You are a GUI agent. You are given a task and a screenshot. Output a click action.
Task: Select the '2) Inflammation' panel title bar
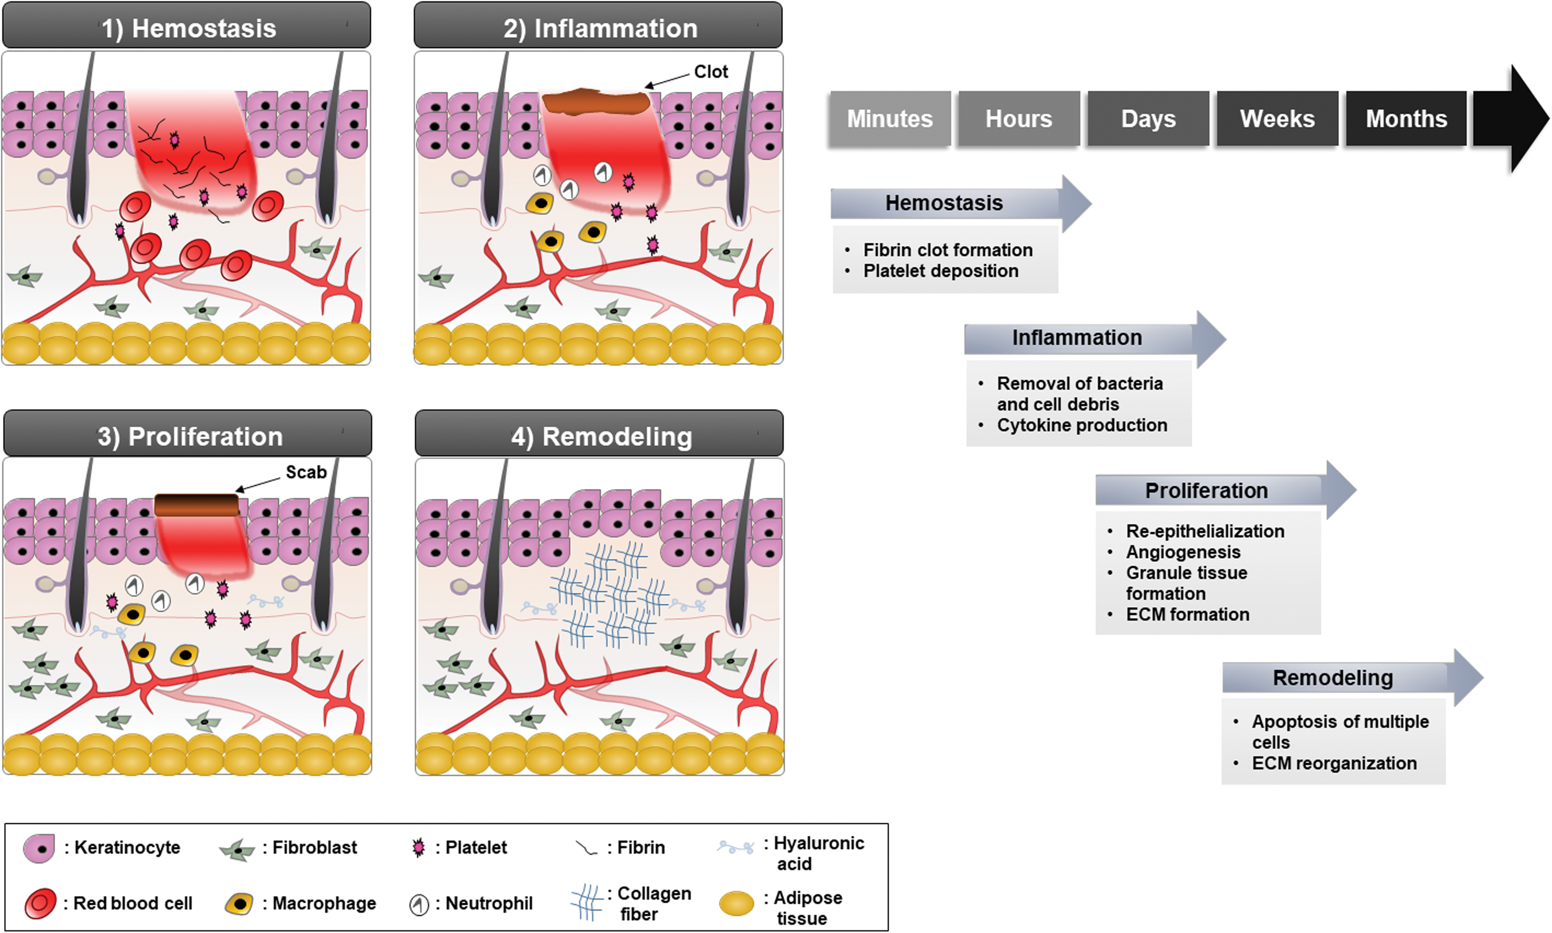point(598,26)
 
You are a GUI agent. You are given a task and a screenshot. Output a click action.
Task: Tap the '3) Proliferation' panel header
point(187,434)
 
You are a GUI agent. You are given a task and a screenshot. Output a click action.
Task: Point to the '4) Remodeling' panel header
point(599,434)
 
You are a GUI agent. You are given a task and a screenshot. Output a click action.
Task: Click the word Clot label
point(711,72)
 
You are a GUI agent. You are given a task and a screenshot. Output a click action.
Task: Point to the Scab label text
point(306,472)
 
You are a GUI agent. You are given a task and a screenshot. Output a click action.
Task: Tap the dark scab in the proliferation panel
point(197,505)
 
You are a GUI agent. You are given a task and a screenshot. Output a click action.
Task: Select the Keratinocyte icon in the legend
point(39,848)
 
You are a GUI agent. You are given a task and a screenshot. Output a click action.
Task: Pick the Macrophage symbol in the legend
point(239,904)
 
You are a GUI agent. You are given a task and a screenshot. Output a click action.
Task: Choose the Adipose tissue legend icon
point(736,904)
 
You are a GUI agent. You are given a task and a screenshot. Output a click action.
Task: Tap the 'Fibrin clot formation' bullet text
point(948,250)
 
